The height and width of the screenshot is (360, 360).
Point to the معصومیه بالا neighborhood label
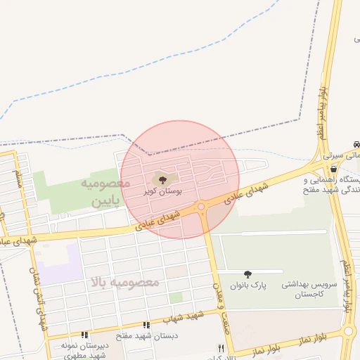pos(124,282)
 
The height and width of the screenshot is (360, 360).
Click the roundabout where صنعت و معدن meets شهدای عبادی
pos(201,207)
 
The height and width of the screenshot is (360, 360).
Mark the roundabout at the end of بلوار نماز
pos(349,331)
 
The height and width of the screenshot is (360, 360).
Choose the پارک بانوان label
pos(247,285)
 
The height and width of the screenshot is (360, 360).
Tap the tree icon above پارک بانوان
pos(247,274)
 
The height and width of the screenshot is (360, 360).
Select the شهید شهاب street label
pos(185,316)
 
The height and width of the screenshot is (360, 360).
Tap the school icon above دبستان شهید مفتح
pos(147,326)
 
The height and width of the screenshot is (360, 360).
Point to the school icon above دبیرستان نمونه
pos(85,335)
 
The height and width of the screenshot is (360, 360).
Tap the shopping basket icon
pos(333,169)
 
